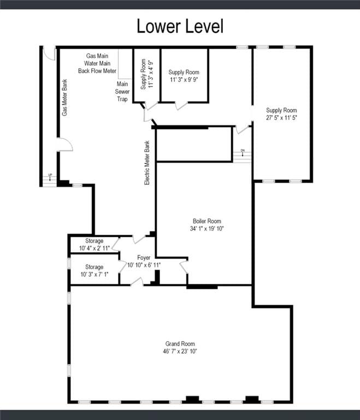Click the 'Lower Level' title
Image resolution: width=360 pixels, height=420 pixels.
[x=180, y=26]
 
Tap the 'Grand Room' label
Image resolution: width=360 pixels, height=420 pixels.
[x=180, y=344]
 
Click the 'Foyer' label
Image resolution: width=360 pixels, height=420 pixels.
[x=143, y=257]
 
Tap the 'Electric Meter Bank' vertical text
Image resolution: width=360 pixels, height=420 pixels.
[x=147, y=163]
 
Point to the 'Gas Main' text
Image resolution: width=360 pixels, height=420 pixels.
[x=98, y=56]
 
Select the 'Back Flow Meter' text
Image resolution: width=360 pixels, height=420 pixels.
[x=97, y=71]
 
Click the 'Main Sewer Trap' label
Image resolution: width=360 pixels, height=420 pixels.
[x=122, y=91]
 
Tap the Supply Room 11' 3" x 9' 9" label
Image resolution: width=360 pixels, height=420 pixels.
[x=184, y=75]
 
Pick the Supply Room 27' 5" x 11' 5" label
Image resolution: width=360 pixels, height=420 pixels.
[x=281, y=114]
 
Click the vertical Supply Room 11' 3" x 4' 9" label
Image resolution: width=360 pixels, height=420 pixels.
[x=146, y=73]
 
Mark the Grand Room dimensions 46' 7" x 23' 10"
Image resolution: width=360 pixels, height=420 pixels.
[x=180, y=351]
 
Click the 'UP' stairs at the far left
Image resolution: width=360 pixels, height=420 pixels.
[x=50, y=179]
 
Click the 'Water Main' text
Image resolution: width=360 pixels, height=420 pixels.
[x=98, y=63]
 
